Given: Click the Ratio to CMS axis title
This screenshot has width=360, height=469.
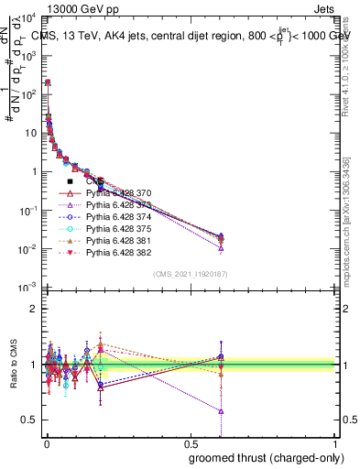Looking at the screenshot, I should pos(12,365).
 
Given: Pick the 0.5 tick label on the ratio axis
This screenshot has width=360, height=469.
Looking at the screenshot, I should pos(30,420).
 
